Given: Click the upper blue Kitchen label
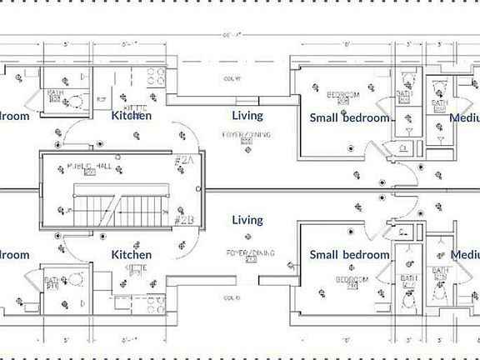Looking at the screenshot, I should [132, 116].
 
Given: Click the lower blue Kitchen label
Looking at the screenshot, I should [132, 254].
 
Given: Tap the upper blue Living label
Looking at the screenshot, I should [247, 116].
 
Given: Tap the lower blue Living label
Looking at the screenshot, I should [247, 220].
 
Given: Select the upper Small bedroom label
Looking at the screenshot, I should [349, 117].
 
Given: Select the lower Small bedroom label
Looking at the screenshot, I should [349, 254].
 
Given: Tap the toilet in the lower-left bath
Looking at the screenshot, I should [75, 279].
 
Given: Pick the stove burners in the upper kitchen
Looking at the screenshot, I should [155, 77].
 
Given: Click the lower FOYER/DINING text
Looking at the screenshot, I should [242, 252].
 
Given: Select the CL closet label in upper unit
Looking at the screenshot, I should [403, 147].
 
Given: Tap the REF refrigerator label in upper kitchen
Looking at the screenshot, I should [101, 98].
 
